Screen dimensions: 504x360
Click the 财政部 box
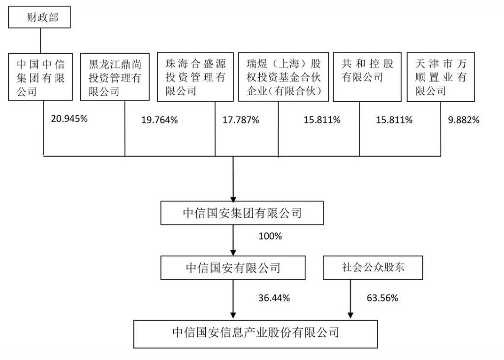39,17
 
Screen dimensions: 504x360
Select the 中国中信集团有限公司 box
40,77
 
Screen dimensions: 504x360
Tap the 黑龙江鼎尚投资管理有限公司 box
115,77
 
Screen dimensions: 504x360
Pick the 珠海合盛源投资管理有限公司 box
195,77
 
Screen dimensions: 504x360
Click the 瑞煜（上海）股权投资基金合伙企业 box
283,77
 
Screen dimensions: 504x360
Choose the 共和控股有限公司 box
367,77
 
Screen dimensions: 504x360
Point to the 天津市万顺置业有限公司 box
441,77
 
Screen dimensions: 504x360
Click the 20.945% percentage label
69,119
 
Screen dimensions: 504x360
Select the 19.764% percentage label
159,120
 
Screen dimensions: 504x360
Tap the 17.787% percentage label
241,120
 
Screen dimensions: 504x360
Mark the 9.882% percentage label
464,120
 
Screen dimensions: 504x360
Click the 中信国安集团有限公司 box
242,213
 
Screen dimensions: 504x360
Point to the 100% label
270,236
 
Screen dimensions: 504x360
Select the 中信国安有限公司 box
233,268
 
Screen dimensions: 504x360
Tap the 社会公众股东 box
373,268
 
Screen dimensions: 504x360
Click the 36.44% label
274,298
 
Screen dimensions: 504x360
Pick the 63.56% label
382,298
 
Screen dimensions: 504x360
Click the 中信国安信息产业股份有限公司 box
255,334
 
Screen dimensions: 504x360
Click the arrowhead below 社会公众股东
350,315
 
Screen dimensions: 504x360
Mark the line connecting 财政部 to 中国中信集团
40,41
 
